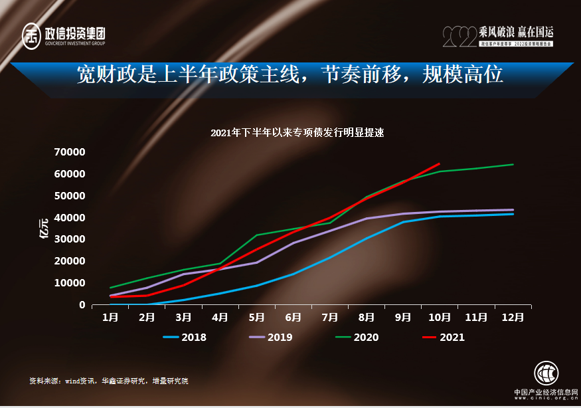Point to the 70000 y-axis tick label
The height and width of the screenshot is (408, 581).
(x=70, y=152)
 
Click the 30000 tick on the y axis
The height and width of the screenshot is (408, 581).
(x=70, y=239)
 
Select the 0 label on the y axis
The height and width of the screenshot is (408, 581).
(x=82, y=305)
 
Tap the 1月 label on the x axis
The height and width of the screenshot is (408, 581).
(x=110, y=318)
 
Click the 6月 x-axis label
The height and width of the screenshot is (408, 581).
(x=293, y=318)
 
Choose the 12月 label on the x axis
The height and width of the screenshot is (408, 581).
(x=512, y=318)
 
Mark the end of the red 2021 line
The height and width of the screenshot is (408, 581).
(x=439, y=163)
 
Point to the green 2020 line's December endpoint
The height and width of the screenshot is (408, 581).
(x=513, y=164)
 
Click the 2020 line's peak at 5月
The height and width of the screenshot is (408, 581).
(x=256, y=235)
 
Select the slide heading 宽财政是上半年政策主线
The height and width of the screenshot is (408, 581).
(x=290, y=74)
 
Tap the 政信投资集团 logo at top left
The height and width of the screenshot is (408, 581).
(x=64, y=35)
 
